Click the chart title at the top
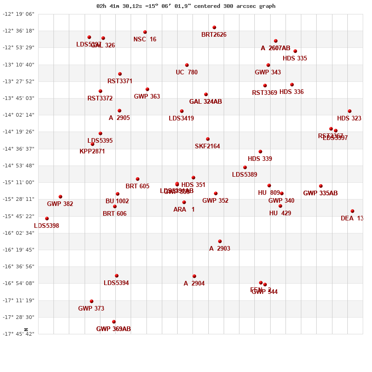point(186,6)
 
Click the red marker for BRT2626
point(214,27)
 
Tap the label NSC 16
point(145,40)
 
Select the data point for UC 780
point(187,65)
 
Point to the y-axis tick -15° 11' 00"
point(19,182)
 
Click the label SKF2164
point(207,146)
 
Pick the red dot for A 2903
point(220,241)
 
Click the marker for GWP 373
point(92,301)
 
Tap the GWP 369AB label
point(113,329)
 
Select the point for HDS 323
point(350,111)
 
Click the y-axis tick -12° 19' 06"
point(19,14)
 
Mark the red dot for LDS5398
point(47,219)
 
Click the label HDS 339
point(260,159)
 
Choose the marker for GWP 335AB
point(321,186)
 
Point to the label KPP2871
point(92,152)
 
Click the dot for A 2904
point(194,276)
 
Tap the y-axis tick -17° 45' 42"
point(19,334)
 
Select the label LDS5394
point(116,283)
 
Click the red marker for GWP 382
point(60,197)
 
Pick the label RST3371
point(120,81)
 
